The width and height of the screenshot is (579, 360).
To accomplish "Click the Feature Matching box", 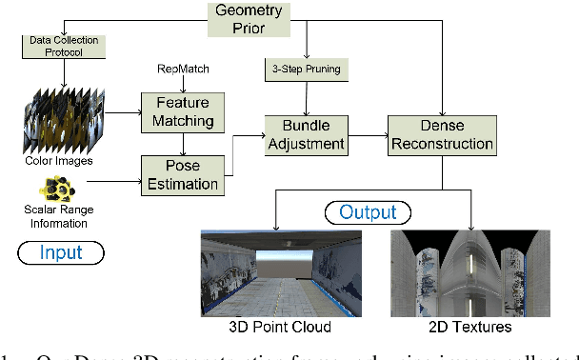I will (182, 111).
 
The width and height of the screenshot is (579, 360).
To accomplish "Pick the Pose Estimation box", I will (182, 173).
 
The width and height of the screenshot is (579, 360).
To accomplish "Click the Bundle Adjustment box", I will (306, 134).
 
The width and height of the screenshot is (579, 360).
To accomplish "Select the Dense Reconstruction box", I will (442, 134).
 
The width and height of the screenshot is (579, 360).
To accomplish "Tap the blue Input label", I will (60, 252).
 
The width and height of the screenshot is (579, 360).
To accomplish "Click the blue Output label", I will (368, 211).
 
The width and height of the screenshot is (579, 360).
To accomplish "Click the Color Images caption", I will (62, 161).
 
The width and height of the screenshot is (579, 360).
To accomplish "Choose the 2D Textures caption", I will (467, 327).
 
